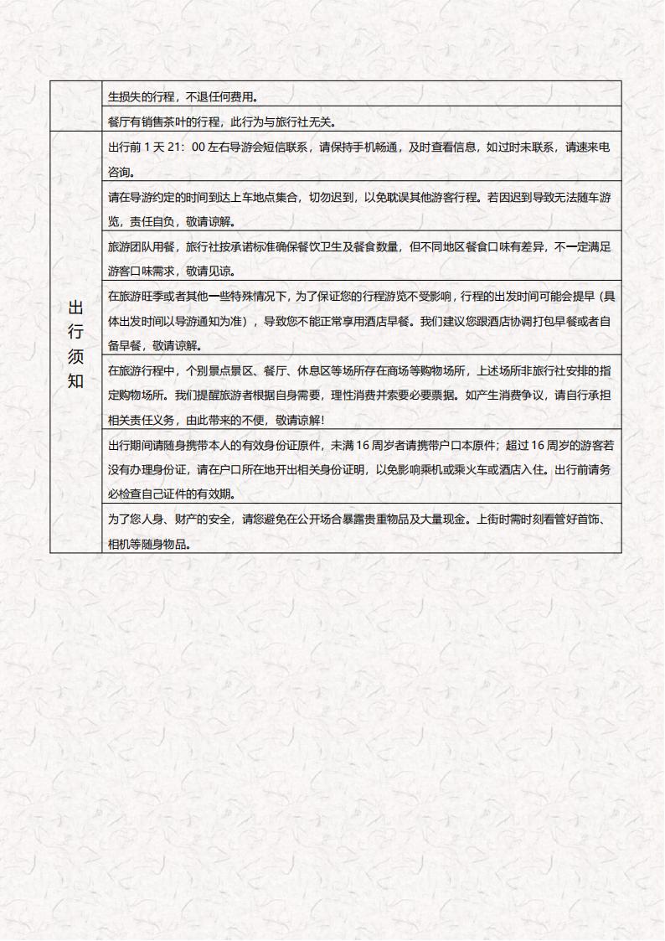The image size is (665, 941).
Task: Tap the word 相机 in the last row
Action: [119, 544]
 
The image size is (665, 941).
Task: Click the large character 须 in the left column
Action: [75, 356]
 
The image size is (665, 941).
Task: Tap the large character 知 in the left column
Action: [75, 381]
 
